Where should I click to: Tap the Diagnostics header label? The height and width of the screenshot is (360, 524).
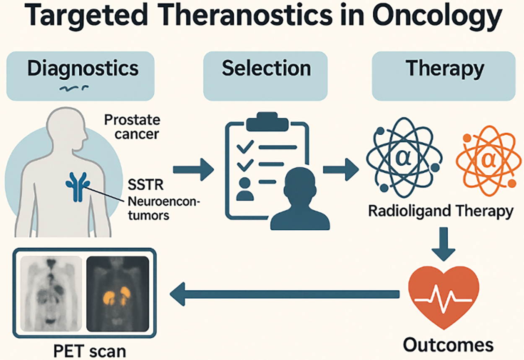pos(83,69)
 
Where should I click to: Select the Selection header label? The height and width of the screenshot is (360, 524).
pos(267,68)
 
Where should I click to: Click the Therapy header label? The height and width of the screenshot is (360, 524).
pos(445,69)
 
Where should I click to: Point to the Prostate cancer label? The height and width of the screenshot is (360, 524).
pos(132,127)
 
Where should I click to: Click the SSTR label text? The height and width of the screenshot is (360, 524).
pos(145,185)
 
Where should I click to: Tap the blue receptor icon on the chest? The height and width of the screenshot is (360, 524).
pos(78,187)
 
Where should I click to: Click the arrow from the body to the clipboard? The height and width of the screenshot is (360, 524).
pos(193,170)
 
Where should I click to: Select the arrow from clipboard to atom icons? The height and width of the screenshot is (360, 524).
pos(341,170)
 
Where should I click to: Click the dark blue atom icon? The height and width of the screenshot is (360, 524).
pos(404,157)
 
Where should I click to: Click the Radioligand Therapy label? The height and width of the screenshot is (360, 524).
pos(441,211)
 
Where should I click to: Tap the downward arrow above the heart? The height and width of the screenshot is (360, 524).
pos(444,244)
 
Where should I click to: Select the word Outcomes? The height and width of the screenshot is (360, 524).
pos(449,345)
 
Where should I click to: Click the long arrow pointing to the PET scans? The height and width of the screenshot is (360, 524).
pos(285,294)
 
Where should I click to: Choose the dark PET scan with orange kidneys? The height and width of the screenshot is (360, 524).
pos(118,294)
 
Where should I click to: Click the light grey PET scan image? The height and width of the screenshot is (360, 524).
pos(51,294)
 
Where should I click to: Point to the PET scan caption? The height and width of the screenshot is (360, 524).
pos(90,351)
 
